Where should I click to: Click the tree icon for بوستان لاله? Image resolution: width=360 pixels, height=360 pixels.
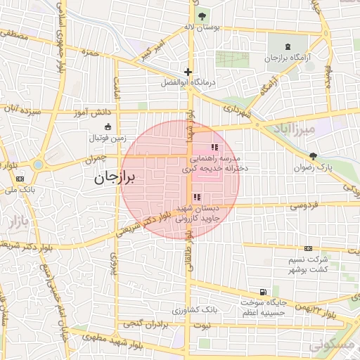pyautogui.click(x=202, y=16)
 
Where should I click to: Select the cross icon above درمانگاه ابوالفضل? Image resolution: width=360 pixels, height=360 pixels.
pyautogui.click(x=188, y=72)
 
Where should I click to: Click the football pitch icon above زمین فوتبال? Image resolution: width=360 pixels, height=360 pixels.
pyautogui.click(x=108, y=127)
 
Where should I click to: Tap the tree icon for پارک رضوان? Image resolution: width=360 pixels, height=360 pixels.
pyautogui.click(x=313, y=156)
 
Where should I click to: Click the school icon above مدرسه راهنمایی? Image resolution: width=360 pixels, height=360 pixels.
pyautogui.click(x=214, y=148)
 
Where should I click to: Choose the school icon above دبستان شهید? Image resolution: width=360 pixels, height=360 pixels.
pyautogui.click(x=196, y=198)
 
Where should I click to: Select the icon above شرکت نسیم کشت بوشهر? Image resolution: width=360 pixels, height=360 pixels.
pyautogui.click(x=308, y=249)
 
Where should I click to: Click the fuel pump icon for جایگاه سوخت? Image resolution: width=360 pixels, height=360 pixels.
pyautogui.click(x=263, y=292)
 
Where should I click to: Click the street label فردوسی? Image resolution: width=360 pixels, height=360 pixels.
pyautogui.click(x=304, y=205)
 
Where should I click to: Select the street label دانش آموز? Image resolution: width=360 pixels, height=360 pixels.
pyautogui.click(x=92, y=112)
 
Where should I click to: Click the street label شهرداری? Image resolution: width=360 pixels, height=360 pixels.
pyautogui.click(x=237, y=110)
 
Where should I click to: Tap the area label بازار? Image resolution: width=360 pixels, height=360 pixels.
pyautogui.click(x=19, y=224)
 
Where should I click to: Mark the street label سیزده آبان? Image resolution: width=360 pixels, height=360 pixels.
pyautogui.click(x=23, y=111)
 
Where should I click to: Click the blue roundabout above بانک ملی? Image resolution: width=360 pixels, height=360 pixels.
pyautogui.click(x=37, y=165)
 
